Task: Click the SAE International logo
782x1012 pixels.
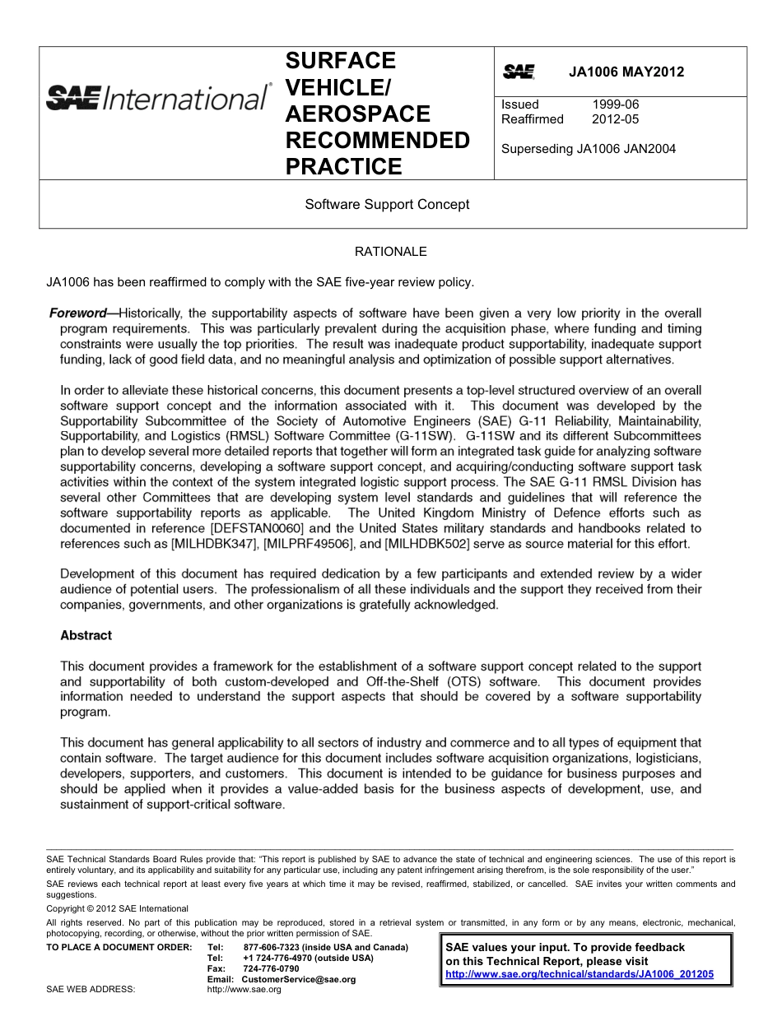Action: [x=157, y=100]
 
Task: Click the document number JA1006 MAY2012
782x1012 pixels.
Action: [x=626, y=72]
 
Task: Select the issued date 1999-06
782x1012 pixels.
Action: [x=615, y=104]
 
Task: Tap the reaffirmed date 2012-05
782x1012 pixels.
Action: [x=615, y=119]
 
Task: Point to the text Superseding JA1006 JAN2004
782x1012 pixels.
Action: [x=589, y=149]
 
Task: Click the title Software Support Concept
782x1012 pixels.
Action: [x=387, y=204]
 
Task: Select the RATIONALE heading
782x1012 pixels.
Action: [x=390, y=252]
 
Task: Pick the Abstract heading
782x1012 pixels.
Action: [x=86, y=635]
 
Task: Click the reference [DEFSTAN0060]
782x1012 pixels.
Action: [x=263, y=528]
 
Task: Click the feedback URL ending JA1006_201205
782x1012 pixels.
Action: [x=579, y=974]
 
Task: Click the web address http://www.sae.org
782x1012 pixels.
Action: [x=244, y=990]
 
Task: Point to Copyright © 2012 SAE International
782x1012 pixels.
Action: [x=118, y=908]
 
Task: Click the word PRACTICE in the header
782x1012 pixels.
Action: [x=344, y=167]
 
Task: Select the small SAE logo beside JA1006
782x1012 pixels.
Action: [x=519, y=72]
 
